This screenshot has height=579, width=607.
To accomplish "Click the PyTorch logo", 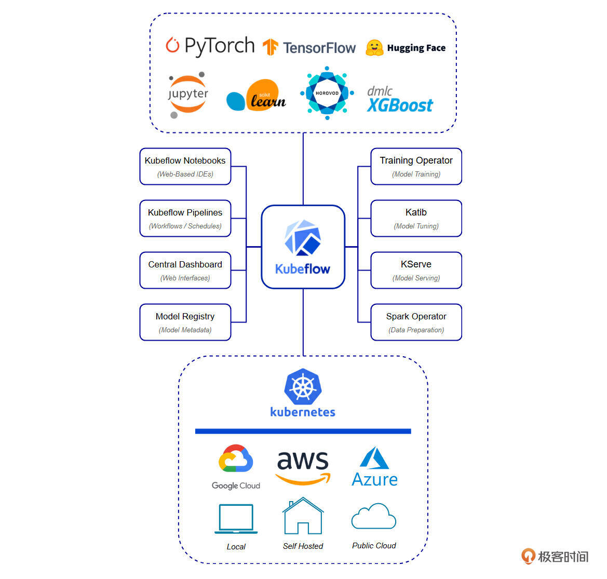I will coord(210,46).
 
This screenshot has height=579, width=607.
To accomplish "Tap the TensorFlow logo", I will coord(309,48).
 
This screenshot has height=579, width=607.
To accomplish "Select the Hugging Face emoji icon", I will coord(374,48).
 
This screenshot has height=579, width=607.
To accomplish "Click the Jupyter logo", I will coord(187,95).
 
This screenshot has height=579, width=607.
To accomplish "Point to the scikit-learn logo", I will coord(257,96).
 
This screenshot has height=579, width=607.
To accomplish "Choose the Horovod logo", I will coord(327,93).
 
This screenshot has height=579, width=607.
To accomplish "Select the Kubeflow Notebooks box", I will coord(185,166).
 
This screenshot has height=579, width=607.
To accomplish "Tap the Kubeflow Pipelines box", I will coord(185,218).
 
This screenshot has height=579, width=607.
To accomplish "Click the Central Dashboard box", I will coord(185,270).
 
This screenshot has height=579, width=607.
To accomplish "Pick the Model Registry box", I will coord(185,322).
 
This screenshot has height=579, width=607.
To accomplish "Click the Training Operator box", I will coord(416,166).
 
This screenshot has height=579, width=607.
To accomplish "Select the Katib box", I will coord(416,218).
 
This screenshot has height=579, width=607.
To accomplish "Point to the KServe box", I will coord(416,270).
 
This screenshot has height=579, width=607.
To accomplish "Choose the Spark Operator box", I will coord(416,322).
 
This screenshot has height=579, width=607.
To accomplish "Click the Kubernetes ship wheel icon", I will coord(303,387).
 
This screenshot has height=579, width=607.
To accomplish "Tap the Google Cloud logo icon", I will coord(236,459).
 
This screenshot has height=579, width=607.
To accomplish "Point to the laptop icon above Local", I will coord(236,518).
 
